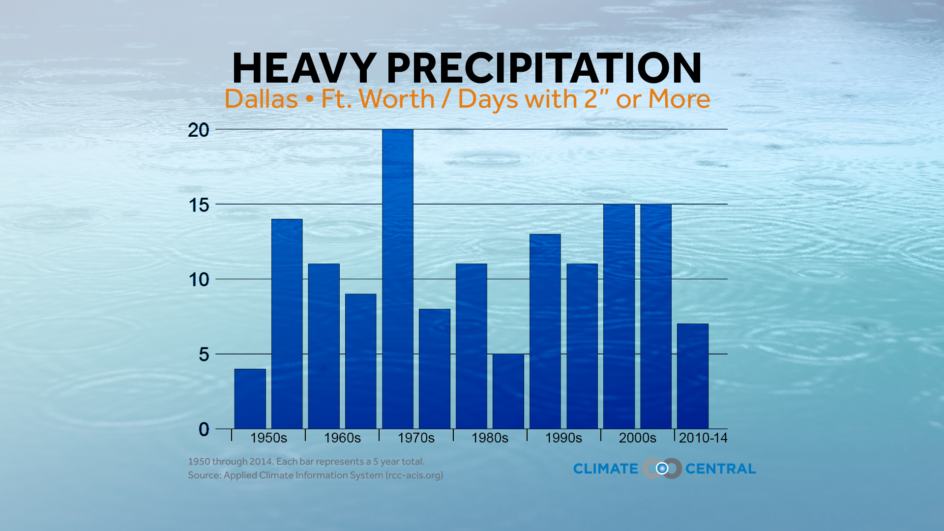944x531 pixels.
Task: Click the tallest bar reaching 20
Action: pos(398,279)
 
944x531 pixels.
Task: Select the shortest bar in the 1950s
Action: pos(250,399)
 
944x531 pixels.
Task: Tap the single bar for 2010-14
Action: pos(693,376)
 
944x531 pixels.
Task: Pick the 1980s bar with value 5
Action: pos(508,391)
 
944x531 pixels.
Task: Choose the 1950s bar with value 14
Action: pos(287,324)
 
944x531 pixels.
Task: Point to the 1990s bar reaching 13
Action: pos(545,331)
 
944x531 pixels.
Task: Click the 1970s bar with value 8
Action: pos(435,369)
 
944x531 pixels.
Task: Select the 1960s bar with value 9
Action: pos(361,361)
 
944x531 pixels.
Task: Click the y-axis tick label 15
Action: pos(199,205)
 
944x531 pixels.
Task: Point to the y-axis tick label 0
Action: pos(204,429)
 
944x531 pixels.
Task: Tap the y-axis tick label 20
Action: pos(199,130)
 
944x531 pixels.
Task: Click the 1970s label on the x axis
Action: pos(416,438)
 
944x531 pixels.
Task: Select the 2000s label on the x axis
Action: pos(637,438)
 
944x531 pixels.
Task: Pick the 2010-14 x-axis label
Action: pos(703,438)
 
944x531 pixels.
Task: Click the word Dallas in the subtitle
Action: pos(261,99)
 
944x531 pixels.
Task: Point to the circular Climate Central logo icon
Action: pos(662,469)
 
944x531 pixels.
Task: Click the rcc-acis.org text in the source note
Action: pos(414,475)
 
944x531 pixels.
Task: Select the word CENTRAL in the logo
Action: pos(721,469)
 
